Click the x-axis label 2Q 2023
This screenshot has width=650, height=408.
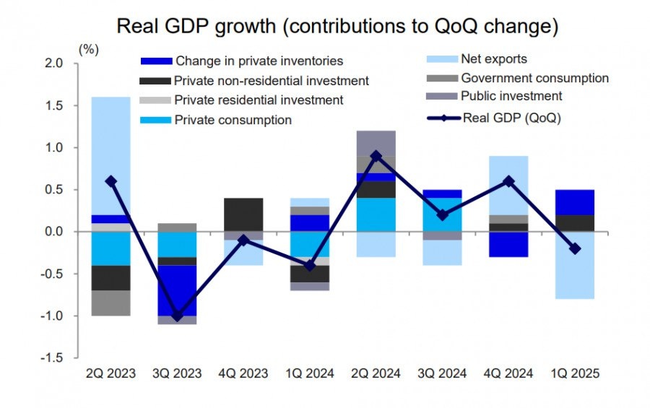(x=110, y=373)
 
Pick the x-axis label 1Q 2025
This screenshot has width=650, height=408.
(x=575, y=373)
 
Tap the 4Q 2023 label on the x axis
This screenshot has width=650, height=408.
(x=243, y=373)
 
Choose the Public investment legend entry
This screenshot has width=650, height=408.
(x=511, y=96)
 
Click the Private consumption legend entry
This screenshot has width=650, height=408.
(x=233, y=120)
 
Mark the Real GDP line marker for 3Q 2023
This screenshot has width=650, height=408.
(x=176, y=316)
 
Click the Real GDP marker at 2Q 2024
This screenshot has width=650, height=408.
(x=376, y=156)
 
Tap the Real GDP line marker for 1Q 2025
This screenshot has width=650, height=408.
(x=575, y=248)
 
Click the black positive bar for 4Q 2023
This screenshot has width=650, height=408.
(x=243, y=214)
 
